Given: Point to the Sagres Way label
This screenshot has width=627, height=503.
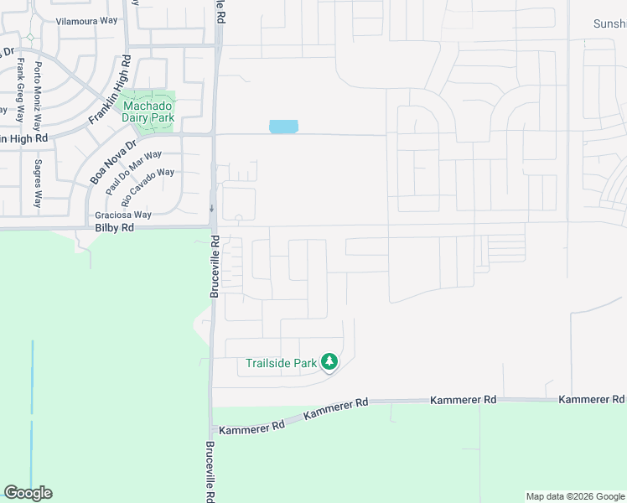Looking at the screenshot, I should tap(38, 184).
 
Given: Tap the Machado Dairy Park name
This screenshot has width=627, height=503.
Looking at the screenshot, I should tap(148, 111).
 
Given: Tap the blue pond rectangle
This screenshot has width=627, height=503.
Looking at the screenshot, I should tap(283, 127).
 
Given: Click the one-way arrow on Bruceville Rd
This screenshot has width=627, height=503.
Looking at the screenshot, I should tap(212, 208).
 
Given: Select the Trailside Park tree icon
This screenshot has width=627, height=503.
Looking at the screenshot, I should tap(329, 362).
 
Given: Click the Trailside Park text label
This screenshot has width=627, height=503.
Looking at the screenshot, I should tap(281, 363).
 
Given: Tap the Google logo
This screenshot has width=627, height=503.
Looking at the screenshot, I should tap(28, 493).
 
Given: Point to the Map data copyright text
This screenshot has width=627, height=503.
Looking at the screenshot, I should tap(574, 496).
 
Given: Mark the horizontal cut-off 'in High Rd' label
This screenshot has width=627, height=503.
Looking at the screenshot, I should tap(24, 137).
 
